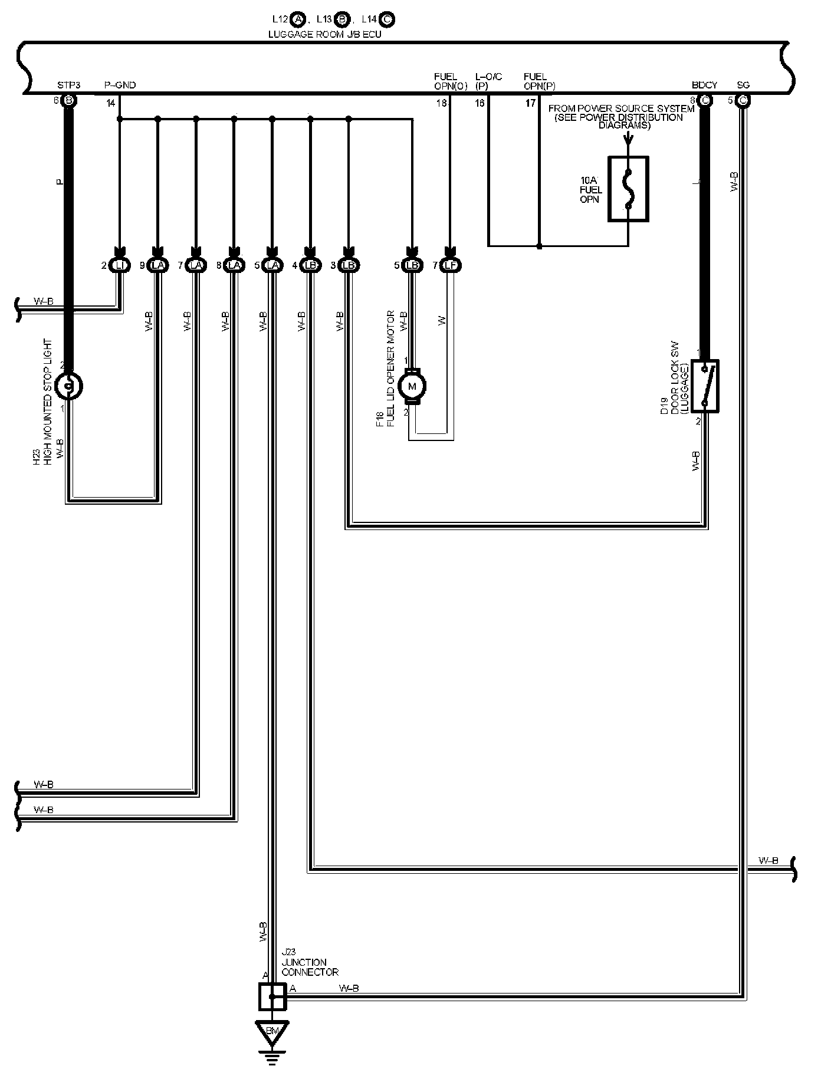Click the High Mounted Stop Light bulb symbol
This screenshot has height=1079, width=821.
click(68, 386)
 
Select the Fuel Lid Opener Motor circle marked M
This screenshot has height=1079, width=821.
click(412, 386)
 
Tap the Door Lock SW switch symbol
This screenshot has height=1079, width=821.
click(705, 386)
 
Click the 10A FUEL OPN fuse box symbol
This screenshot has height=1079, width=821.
click(628, 189)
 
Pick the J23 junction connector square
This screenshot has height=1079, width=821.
click(272, 996)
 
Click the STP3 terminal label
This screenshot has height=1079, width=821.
click(68, 85)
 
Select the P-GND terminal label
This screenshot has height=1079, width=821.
click(120, 85)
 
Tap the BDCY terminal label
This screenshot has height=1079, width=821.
click(704, 85)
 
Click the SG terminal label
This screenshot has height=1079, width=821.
click(743, 85)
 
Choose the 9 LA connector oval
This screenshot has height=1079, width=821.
click(157, 266)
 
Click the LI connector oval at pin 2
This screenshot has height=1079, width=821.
click(120, 266)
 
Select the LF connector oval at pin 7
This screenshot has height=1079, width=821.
click(451, 266)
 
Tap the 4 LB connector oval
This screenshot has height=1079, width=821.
click(310, 266)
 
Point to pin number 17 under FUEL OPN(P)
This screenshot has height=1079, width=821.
click(530, 103)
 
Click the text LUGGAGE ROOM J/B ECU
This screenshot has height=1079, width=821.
click(324, 34)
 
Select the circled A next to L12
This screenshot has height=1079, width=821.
click(298, 20)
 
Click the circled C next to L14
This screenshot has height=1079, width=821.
click(387, 20)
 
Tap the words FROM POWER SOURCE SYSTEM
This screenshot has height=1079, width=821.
click(621, 109)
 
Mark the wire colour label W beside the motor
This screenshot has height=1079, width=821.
click(442, 320)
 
